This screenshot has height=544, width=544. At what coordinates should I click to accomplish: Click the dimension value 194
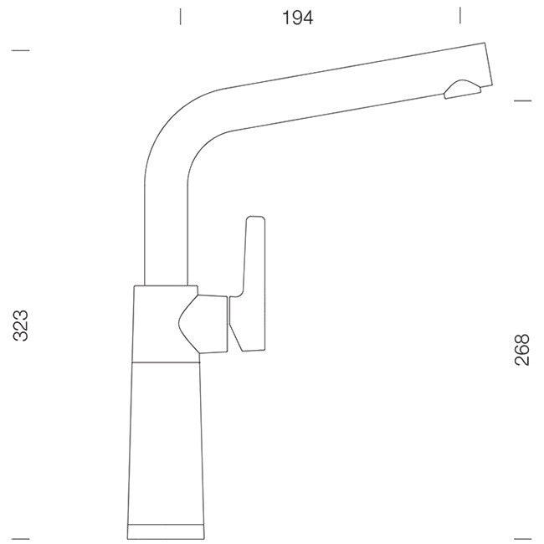298,18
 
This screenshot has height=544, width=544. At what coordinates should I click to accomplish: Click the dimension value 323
20,326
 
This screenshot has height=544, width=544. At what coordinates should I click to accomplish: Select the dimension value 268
522,349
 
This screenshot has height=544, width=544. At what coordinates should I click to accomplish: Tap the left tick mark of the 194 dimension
180,17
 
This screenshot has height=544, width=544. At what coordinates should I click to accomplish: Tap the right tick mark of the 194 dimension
460,16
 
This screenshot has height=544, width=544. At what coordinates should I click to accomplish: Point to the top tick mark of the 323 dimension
20,50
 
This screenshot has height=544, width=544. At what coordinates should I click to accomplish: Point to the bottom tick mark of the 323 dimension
20,539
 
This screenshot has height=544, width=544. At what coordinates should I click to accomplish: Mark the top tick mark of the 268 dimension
522,101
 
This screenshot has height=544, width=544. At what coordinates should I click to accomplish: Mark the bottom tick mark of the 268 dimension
522,539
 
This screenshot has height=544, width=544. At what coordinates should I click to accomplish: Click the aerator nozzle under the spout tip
462,90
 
